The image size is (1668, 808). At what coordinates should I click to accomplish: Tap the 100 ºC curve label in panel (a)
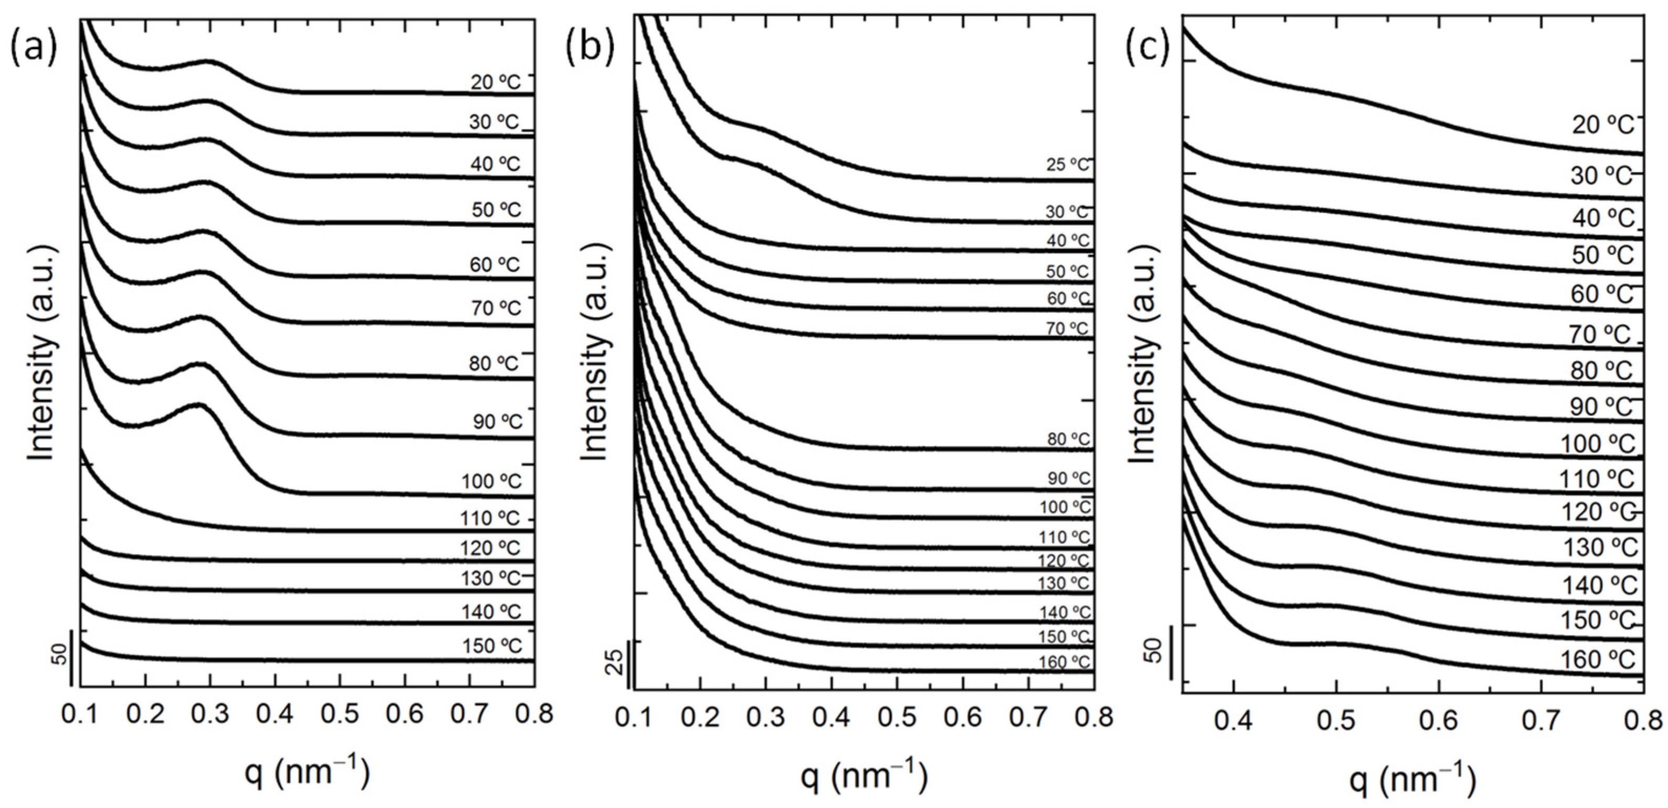[x=491, y=482]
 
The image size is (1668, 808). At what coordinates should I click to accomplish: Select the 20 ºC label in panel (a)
[x=496, y=82]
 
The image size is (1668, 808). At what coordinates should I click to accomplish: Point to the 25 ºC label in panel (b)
[x=1068, y=165]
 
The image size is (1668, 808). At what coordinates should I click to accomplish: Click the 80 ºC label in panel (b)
[x=1069, y=439]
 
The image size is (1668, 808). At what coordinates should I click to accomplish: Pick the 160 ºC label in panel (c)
[x=1598, y=660]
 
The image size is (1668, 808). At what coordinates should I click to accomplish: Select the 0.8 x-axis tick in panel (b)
[x=1093, y=718]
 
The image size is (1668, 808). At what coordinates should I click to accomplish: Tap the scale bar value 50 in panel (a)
[x=59, y=654]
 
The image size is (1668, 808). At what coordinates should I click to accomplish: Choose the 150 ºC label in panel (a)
[x=491, y=646]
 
